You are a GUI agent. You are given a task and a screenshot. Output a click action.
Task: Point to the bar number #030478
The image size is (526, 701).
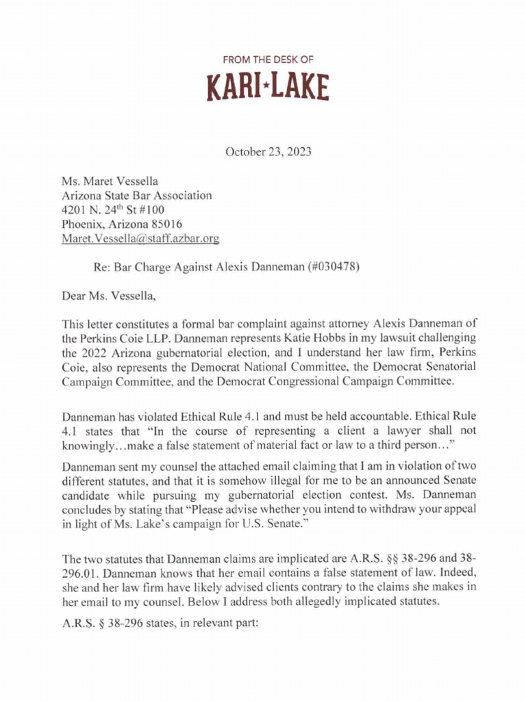[x=331, y=268]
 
